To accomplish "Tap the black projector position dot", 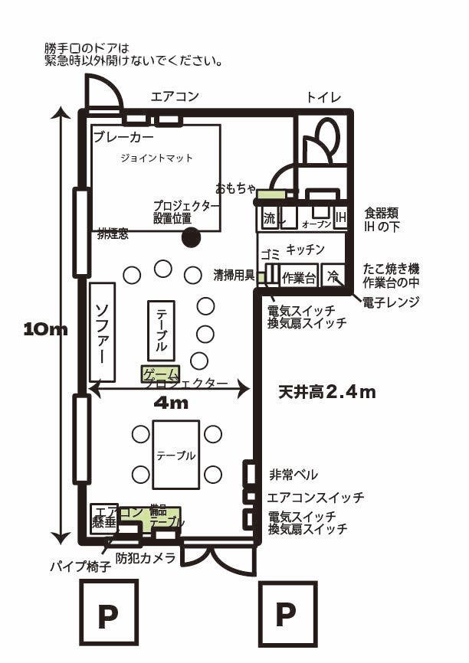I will (x=191, y=237).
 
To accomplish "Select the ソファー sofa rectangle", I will (x=102, y=331).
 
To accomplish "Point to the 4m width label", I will (x=171, y=403).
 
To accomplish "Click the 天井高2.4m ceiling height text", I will (x=326, y=393).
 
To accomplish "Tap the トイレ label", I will (x=323, y=96).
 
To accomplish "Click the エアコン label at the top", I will (x=175, y=96).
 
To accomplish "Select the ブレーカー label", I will (x=123, y=137).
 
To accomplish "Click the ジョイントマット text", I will (x=156, y=158).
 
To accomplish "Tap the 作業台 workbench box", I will (x=299, y=277).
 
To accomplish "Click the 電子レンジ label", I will (x=392, y=302).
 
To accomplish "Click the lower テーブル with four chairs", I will (x=175, y=454).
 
